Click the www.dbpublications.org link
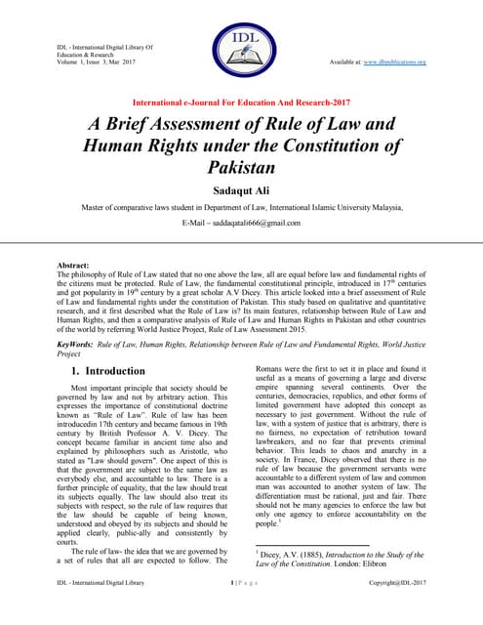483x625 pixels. (x=402, y=62)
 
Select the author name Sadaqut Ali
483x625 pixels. (x=241, y=188)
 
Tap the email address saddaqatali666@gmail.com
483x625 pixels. (x=241, y=224)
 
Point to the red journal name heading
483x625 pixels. (x=241, y=102)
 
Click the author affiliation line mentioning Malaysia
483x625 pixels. (x=241, y=207)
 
